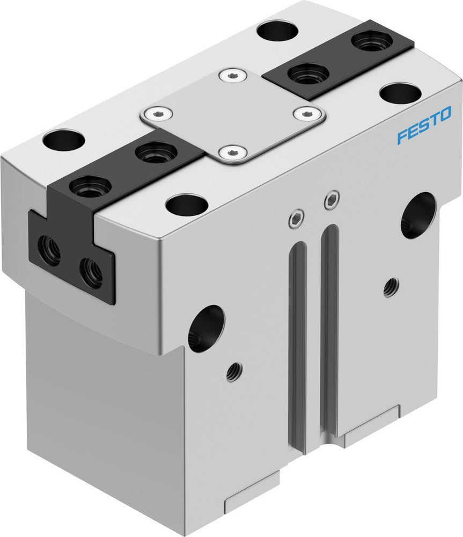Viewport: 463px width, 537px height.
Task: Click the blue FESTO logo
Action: pos(424,129)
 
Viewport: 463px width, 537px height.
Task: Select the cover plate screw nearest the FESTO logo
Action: pos(306,113)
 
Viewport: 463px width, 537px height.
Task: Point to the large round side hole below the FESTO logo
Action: pos(418,215)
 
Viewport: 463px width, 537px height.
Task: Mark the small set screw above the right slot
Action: pos(332,201)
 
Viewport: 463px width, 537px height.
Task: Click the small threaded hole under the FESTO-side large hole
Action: pos(391,287)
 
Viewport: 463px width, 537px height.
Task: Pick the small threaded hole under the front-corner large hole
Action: pos(234,371)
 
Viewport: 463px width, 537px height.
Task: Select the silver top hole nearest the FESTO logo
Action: pos(400,93)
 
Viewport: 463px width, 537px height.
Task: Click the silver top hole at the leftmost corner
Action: pos(64,140)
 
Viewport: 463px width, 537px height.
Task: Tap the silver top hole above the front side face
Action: pos(187,205)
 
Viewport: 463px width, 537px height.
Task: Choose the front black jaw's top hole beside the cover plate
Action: pos(156,153)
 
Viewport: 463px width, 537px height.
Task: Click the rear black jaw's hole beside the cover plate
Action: pos(308,73)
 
